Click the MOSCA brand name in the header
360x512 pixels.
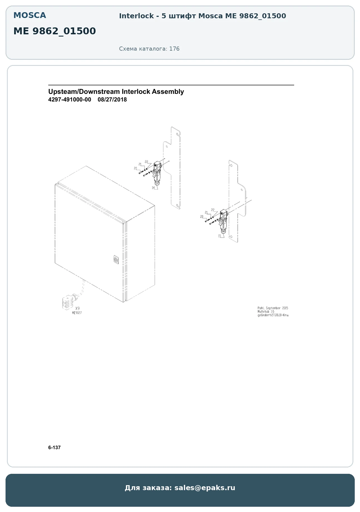pos(30,15)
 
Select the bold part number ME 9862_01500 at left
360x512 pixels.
pos(55,31)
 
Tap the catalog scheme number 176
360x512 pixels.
pos(174,49)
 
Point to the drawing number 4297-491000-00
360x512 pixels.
pos(70,100)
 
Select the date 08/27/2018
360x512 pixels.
pos(112,100)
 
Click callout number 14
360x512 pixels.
pos(153,188)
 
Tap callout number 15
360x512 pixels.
pos(220,236)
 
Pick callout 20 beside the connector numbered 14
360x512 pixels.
pos(135,168)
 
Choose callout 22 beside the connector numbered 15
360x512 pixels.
pos(213,210)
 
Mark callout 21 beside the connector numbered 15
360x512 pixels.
pos(206,213)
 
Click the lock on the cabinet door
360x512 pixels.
pos(116,260)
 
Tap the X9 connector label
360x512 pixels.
pos(78,308)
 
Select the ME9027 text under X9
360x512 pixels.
pos(77,313)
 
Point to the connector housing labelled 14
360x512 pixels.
pos(157,173)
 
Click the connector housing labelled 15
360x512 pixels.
pos(223,221)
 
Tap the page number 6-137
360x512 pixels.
pos(54,448)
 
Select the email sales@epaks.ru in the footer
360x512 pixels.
pos(205,488)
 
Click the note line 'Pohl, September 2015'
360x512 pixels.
pos(273,308)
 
